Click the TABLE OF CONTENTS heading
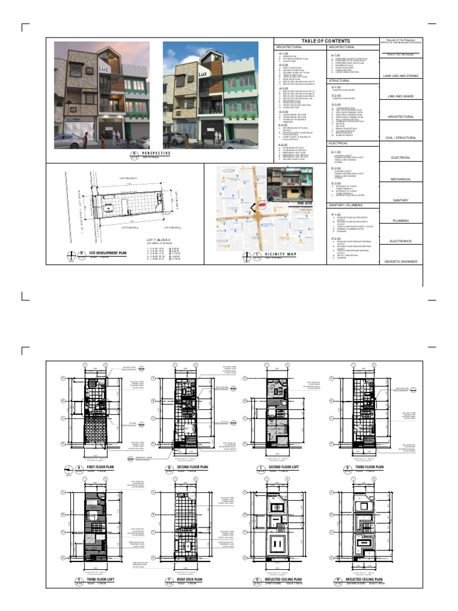pos(326,41)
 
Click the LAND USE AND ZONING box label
pos(401,76)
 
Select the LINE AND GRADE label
pos(401,96)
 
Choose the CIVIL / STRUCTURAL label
pos(401,137)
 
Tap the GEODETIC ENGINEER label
pos(401,261)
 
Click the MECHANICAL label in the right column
pos(401,178)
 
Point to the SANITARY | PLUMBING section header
pos(346,204)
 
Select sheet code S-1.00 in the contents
pos(336,87)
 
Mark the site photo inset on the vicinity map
pos(286,184)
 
